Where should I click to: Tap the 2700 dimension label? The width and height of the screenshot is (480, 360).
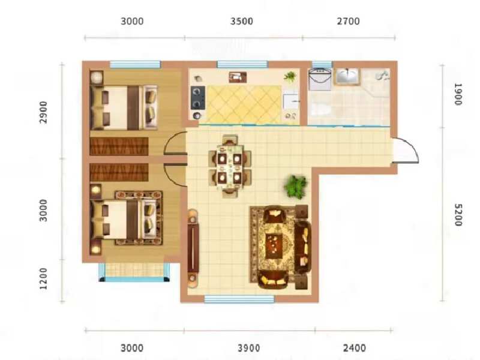coord(348,22)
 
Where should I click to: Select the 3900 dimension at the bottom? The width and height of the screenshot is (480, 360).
coord(248,348)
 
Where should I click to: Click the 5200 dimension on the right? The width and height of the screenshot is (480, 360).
coord(458,215)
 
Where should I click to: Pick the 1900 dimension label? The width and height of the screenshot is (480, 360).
coord(458,95)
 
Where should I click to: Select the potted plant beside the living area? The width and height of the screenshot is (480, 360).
coord(295,187)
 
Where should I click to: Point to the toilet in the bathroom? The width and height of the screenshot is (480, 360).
coord(319,109)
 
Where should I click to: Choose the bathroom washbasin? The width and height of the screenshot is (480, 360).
coord(347,77)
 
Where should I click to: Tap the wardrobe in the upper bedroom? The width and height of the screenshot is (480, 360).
coord(119,146)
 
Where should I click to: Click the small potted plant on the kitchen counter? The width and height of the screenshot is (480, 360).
coord(290,76)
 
